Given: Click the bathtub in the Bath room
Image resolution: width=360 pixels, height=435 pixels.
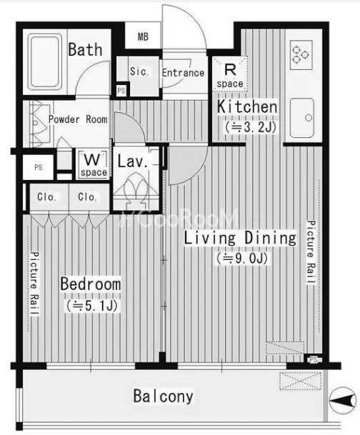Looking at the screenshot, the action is point(46,61).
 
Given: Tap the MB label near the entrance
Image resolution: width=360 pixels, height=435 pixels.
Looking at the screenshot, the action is point(143,36).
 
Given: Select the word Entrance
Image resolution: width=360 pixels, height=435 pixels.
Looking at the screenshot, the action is point(183,73).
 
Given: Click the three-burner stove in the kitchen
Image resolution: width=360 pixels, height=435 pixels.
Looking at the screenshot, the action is point(301,55).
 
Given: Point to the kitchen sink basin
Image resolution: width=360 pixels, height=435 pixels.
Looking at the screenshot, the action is point(302,118).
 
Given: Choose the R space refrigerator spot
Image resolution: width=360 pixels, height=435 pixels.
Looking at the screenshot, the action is point(230,74).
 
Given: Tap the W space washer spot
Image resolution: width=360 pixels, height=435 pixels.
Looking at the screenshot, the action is point(93,164).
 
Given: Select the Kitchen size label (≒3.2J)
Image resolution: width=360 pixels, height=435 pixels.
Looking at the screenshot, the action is point(251,127).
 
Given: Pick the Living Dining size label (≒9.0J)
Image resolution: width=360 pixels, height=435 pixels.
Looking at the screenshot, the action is point(242,259).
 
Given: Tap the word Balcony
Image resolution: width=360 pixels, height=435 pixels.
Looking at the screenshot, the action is point(164,396).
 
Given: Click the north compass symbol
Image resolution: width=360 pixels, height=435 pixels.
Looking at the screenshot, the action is point(343,400).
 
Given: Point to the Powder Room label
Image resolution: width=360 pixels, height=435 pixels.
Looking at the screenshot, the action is point(78,119).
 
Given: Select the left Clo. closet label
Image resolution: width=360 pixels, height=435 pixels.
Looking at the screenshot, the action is point(46,197).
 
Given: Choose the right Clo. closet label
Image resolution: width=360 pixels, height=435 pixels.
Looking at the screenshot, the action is point(87,197).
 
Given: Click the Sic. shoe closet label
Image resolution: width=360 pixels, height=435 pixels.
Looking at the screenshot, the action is point(139,71).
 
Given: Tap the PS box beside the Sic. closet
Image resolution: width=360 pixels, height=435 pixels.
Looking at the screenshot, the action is point(121,90).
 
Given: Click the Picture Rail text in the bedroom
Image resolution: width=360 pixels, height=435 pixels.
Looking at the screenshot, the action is point(35,284).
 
